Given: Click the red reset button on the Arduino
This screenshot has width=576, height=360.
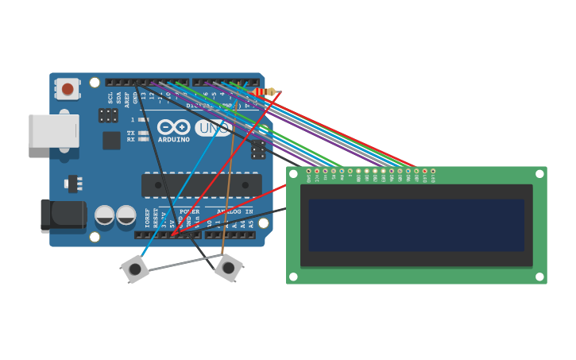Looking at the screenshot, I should click(x=68, y=89).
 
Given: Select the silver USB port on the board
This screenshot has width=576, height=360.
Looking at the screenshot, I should click(x=53, y=131).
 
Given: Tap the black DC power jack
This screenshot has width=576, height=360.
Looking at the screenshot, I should click(x=63, y=215).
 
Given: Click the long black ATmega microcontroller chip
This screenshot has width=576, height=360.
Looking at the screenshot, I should click(x=201, y=185).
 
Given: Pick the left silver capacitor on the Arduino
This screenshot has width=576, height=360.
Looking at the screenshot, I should click(x=105, y=215).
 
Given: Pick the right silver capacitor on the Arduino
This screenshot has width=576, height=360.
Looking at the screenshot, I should click(x=126, y=215).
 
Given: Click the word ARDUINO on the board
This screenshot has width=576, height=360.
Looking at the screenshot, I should click(x=174, y=140).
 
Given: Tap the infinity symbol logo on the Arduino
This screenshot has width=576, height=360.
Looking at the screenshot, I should click(x=174, y=127).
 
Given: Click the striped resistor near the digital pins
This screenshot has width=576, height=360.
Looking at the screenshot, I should click(x=265, y=92).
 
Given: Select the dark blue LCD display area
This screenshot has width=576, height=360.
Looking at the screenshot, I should click(x=416, y=225).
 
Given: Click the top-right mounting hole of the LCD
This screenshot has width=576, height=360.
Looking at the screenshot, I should click(x=539, y=173).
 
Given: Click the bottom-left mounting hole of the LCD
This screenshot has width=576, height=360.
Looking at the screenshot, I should click(x=293, y=277).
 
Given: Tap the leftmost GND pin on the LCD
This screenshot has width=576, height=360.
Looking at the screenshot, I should click(x=308, y=171).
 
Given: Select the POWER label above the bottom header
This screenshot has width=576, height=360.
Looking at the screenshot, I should click(x=189, y=212).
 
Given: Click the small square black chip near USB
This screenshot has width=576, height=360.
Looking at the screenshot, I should click(x=111, y=141).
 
